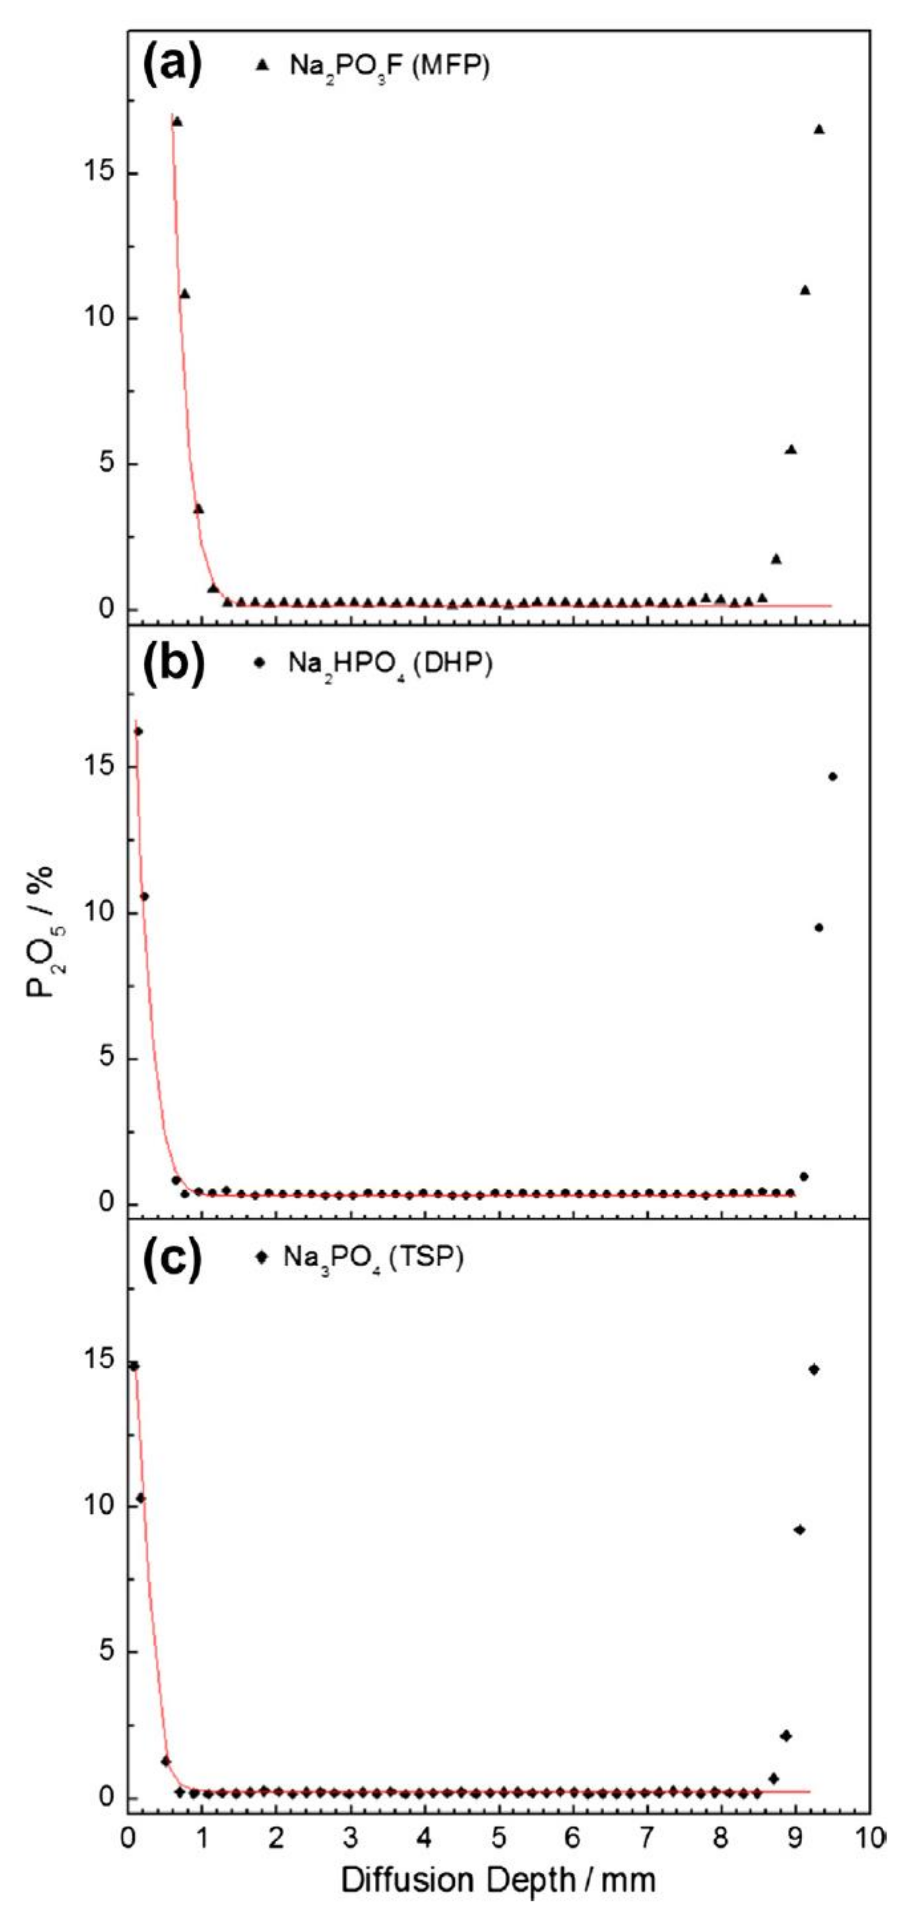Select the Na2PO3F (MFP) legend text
(389, 66)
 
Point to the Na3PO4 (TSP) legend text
(373, 1257)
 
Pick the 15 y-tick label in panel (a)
(98, 173)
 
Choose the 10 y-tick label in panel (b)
(98, 913)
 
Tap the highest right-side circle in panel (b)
(832, 776)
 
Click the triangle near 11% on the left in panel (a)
(185, 294)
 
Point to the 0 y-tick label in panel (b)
(107, 1203)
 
